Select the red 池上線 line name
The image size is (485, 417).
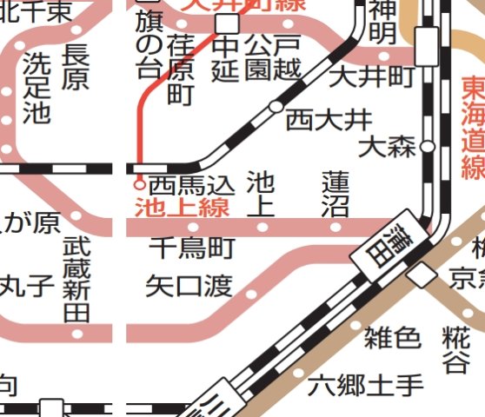(x=182, y=208)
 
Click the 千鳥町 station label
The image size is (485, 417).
(x=192, y=248)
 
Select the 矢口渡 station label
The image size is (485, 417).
(x=189, y=285)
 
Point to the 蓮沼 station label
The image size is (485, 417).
(x=335, y=194)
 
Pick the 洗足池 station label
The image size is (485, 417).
(x=37, y=87)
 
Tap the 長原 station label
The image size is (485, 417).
(x=76, y=67)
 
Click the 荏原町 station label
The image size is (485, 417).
(x=181, y=69)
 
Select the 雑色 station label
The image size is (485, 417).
(x=392, y=337)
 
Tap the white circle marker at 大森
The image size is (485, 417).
(x=428, y=146)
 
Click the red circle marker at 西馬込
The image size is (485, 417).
(x=138, y=184)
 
